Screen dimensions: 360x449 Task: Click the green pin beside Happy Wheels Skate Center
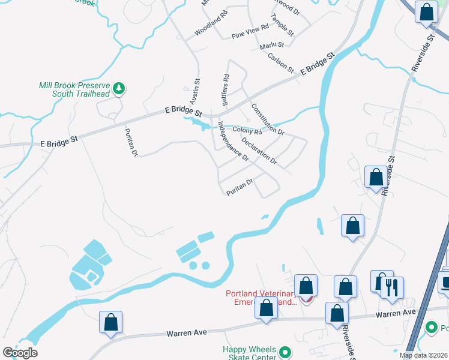pyautogui.click(x=286, y=352)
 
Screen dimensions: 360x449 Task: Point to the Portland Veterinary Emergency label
pyautogui.click(x=262, y=298)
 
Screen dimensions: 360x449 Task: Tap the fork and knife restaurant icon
pyautogui.click(x=392, y=288)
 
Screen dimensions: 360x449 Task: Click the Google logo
pyautogui.click(x=20, y=352)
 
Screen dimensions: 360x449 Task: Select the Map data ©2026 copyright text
pyautogui.click(x=424, y=355)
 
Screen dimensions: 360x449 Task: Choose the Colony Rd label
pyautogui.click(x=247, y=131)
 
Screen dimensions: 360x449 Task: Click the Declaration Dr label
pyautogui.click(x=259, y=151)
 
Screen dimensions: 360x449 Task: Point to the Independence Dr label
pyautogui.click(x=233, y=142)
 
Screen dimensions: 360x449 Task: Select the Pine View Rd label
pyautogui.click(x=250, y=33)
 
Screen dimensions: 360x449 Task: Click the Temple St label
pyautogui.click(x=282, y=26)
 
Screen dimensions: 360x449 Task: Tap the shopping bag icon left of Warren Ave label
pyautogui.click(x=111, y=322)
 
